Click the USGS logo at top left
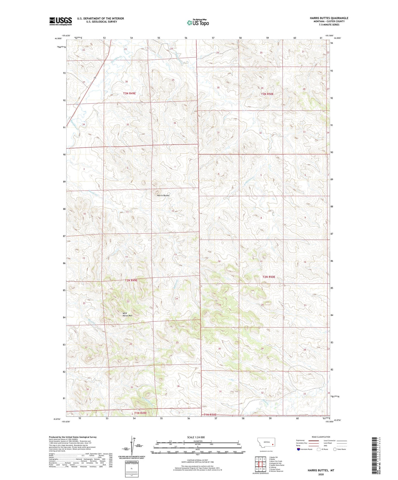point(60,21)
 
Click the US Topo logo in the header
point(198,23)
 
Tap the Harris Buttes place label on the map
point(163,195)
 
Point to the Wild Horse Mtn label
point(127,314)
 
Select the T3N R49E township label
point(129,93)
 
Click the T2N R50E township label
point(269,277)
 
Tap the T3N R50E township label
point(267,94)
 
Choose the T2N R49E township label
point(131,280)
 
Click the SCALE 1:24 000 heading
point(196,437)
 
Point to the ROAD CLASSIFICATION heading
point(321,437)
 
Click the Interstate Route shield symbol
point(299,449)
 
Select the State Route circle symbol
point(335,449)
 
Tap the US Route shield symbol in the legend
point(319,449)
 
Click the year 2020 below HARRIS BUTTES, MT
point(321,475)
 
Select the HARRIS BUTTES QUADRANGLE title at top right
point(329,18)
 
